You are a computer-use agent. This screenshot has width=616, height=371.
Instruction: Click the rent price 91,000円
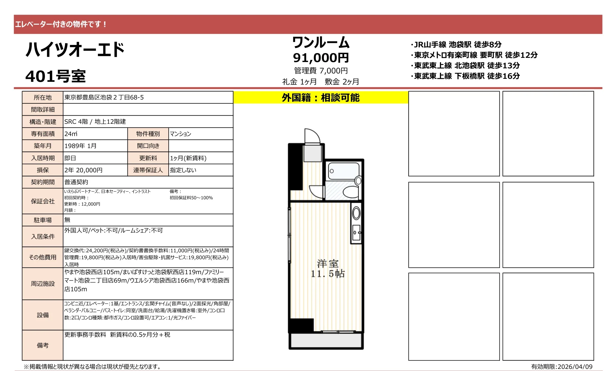pos(321,58)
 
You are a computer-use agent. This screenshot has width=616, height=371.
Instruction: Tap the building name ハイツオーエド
pos(75,50)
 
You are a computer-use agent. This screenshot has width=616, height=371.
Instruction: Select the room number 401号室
pos(56,76)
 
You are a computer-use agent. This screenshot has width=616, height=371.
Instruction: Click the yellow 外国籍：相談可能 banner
pos(321,98)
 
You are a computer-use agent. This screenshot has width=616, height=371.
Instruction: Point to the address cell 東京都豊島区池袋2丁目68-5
pos(104,97)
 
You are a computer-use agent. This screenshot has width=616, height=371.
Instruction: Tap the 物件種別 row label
pos(148,134)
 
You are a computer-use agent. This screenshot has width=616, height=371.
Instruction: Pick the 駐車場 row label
pos(43,220)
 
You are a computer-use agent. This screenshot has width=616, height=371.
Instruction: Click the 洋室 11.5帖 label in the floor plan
pos(327,269)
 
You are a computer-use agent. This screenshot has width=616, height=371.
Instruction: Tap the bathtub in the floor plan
pos(343,171)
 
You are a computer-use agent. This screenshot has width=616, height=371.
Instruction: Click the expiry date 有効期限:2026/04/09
pos(561,367)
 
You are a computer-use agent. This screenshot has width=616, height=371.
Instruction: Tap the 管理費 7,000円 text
pos(321,71)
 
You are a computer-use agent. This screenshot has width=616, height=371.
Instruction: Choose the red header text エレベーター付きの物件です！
pos(61,24)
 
